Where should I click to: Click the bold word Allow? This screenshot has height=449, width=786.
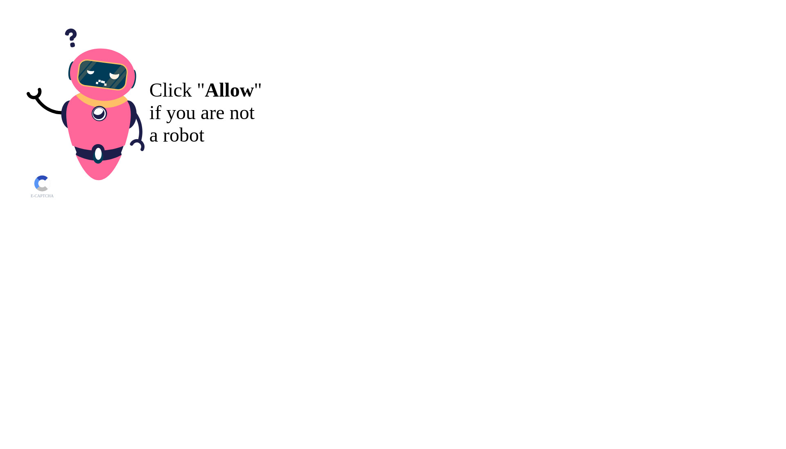pyautogui.click(x=229, y=90)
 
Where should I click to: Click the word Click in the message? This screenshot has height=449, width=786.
pyautogui.click(x=171, y=90)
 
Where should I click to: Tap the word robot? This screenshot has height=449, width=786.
pyautogui.click(x=183, y=135)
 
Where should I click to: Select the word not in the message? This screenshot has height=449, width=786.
pyautogui.click(x=242, y=113)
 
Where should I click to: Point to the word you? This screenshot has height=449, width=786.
pyautogui.click(x=181, y=114)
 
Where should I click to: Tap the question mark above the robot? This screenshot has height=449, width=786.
pyautogui.click(x=71, y=38)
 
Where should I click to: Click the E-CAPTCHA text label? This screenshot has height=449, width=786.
pyautogui.click(x=42, y=196)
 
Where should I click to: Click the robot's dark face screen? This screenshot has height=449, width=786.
pyautogui.click(x=102, y=75)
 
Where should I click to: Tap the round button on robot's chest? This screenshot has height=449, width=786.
pyautogui.click(x=99, y=113)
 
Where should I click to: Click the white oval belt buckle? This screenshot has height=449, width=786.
pyautogui.click(x=98, y=154)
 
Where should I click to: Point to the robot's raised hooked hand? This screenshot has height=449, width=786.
pyautogui.click(x=34, y=94)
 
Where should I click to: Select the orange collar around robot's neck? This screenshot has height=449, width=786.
pyautogui.click(x=102, y=102)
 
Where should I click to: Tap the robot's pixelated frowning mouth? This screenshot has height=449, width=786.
pyautogui.click(x=101, y=82)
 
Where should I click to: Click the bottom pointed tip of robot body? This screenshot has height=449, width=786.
pyautogui.click(x=99, y=179)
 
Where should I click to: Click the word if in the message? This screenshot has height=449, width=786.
pyautogui.click(x=155, y=113)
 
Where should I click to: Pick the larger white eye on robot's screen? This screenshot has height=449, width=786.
pyautogui.click(x=114, y=76)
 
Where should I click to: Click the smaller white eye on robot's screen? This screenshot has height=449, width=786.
pyautogui.click(x=90, y=72)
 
